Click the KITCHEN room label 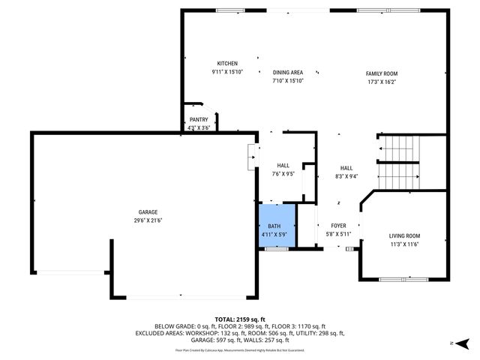(x=227, y=64)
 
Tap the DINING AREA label (x=287, y=72)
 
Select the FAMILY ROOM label (x=382, y=73)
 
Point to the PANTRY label (x=199, y=119)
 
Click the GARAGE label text (x=147, y=212)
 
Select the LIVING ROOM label (x=404, y=236)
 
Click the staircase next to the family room (x=398, y=163)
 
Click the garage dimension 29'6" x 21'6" (x=147, y=220)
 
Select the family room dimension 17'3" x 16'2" (x=382, y=82)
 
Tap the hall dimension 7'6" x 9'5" (x=283, y=174)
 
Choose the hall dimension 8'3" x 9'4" (x=346, y=176)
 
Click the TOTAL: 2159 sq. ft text (x=239, y=319)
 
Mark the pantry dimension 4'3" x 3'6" (x=199, y=127)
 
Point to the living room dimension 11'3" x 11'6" (x=404, y=244)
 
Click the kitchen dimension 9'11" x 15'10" (x=227, y=72)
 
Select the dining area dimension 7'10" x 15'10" (x=287, y=80)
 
